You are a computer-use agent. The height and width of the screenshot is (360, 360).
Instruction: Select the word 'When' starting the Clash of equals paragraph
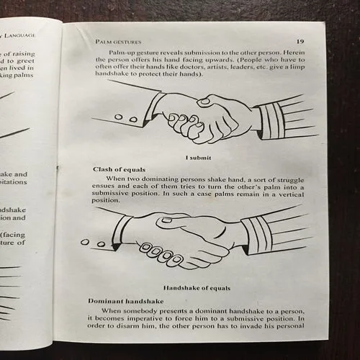coord(117,179)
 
